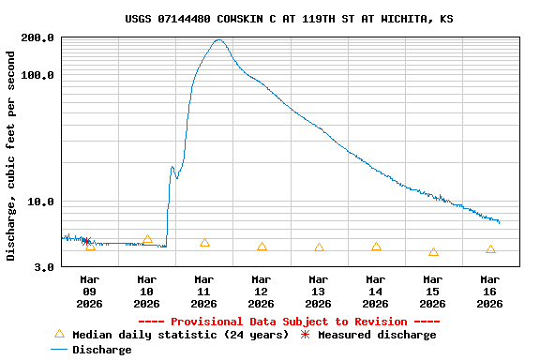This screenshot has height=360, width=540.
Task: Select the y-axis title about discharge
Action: pyautogui.click(x=11, y=156)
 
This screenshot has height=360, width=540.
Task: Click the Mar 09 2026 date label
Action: pyautogui.click(x=90, y=291)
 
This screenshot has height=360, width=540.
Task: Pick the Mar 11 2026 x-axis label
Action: pyautogui.click(x=204, y=291)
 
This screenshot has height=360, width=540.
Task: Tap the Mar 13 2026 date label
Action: pyautogui.click(x=319, y=291)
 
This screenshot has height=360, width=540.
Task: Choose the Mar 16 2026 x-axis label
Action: pyautogui.click(x=489, y=291)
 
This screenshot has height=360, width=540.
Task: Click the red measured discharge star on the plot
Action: pyautogui.click(x=86, y=241)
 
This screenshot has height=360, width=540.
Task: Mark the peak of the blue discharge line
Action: pyautogui.click(x=218, y=40)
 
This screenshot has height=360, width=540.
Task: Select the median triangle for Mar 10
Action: pyautogui.click(x=147, y=240)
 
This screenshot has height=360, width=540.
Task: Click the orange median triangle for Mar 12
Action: pyautogui.click(x=262, y=247)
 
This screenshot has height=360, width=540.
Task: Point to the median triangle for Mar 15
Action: pyautogui.click(x=433, y=251)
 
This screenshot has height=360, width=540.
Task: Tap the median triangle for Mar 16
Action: pyautogui.click(x=490, y=249)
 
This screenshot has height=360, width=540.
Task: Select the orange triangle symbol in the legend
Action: pyautogui.click(x=59, y=334)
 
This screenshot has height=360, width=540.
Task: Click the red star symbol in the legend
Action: pyautogui.click(x=305, y=335)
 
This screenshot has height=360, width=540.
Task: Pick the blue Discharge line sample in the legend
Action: pyautogui.click(x=59, y=350)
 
